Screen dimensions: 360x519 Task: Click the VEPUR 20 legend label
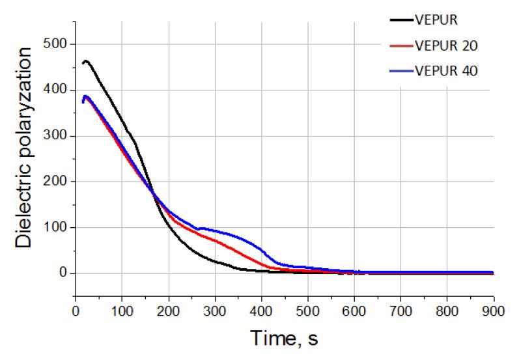[447, 45]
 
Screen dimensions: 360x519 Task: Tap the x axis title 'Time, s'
[285, 338]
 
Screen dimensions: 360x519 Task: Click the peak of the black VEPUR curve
[86, 61]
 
